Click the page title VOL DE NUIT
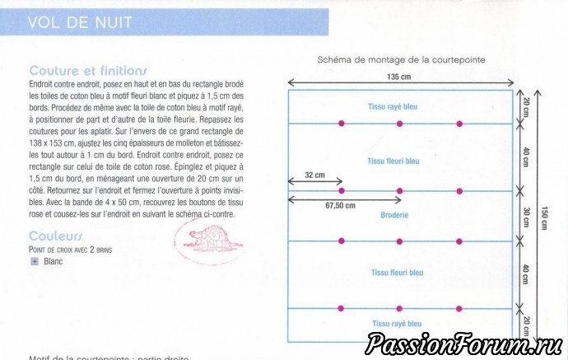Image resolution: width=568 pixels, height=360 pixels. click(80, 23)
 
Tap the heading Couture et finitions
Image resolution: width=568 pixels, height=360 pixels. click(88, 71)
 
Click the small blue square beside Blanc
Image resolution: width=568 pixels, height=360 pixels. click(35, 261)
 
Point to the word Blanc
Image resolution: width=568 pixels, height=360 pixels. click(54, 261)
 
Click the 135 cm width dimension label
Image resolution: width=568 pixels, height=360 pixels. click(399, 76)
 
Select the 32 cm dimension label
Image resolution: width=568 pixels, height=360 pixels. click(314, 175)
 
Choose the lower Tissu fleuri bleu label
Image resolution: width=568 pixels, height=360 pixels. click(398, 272)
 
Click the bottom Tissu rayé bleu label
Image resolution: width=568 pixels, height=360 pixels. click(398, 324)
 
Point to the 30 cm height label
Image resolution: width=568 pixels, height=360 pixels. click(526, 216)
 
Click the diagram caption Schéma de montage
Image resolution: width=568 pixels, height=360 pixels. click(400, 60)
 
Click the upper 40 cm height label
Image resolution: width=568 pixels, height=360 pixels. click(526, 157)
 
